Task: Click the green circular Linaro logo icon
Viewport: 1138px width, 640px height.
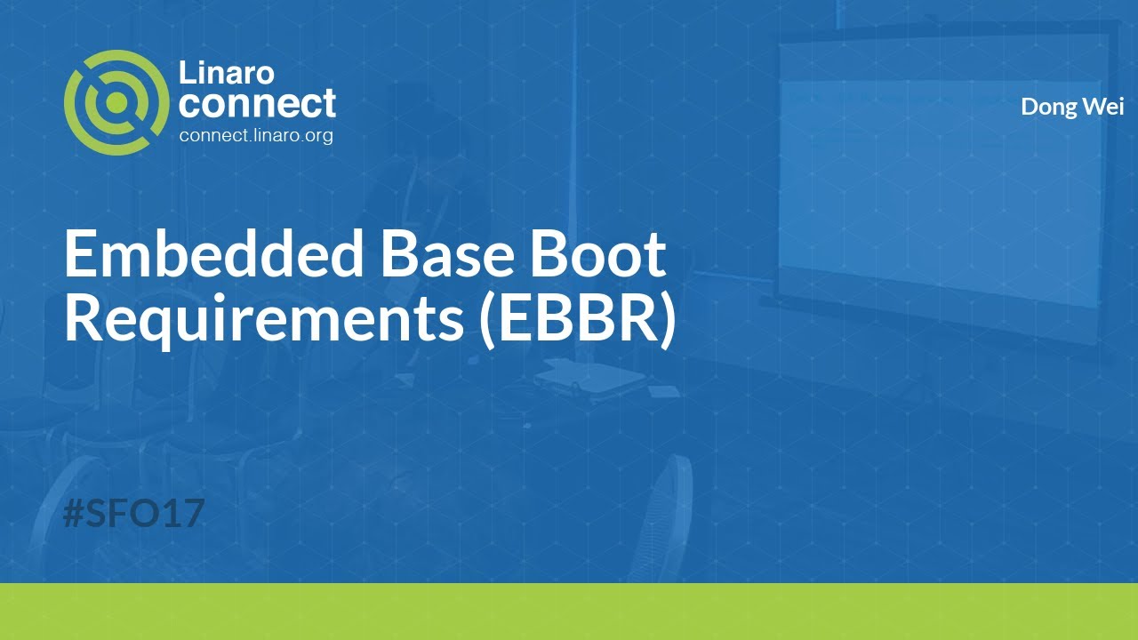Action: tap(116, 102)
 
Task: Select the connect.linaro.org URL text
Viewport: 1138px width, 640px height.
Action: tap(256, 135)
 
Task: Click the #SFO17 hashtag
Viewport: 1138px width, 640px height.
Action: tap(134, 514)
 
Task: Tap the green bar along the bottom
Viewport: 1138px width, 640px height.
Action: tap(569, 612)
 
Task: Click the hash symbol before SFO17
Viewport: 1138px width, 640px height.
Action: tap(75, 514)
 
